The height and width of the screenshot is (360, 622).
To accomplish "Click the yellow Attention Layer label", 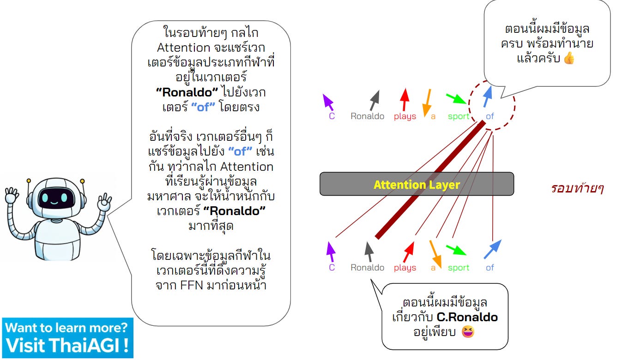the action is coord(417,185).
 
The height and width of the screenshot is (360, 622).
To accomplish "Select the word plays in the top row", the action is coord(405,116).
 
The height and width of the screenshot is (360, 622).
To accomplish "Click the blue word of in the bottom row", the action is coord(490,268).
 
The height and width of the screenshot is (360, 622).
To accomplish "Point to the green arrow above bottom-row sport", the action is coord(456,250).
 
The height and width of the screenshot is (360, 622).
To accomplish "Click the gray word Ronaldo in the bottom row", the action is coord(367,268).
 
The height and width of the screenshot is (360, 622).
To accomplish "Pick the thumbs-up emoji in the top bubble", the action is coord(569,59).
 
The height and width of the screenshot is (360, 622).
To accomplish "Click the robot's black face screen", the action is coord(56,199).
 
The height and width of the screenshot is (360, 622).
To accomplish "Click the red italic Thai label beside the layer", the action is coord(577,188).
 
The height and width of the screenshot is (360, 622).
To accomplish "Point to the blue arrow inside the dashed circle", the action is coord(487,96).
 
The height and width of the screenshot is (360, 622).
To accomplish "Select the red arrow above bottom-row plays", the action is coord(409,252).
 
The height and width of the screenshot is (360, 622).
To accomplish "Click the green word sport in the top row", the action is coord(459,116).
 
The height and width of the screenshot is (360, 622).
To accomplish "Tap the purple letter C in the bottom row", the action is coord(332,268).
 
